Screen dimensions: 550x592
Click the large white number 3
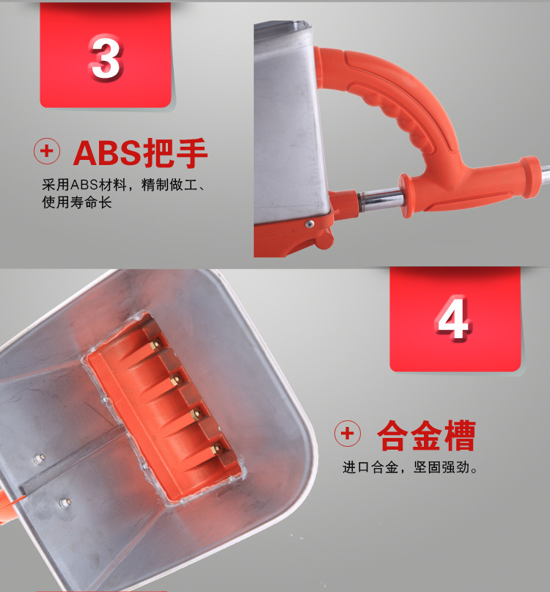106,56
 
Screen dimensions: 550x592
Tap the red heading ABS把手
140,152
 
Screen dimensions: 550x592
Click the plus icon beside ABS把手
47,151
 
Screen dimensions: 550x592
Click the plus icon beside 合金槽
348,434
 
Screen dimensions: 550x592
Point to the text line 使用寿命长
76,202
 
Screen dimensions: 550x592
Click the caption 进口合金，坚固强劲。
411,467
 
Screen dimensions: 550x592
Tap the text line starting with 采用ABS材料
123,185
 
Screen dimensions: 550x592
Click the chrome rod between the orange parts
381,199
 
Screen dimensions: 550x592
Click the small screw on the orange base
309,224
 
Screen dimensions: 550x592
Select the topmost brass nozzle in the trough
155,344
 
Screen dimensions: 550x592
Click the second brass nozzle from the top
175,379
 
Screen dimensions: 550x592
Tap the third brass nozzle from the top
196,414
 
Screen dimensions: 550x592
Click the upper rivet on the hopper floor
40,458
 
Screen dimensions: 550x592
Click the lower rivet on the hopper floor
65,503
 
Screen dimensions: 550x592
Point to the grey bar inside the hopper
72,461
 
